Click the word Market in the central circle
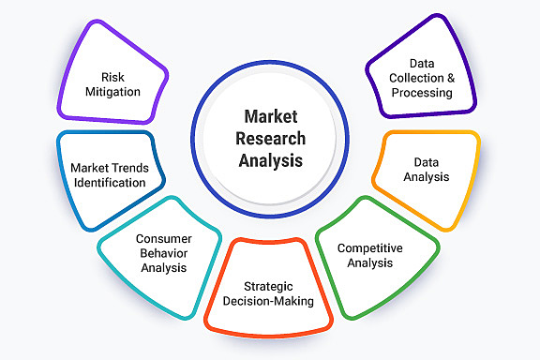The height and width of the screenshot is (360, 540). pos(270,117)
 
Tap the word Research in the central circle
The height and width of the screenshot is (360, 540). pos(270,139)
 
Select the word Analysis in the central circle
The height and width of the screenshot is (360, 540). pos(270,160)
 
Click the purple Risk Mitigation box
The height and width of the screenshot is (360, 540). pos(113,80)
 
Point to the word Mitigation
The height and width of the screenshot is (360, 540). pos(113,92)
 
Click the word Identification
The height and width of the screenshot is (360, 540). pos(109,183)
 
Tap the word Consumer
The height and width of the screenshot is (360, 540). pos(163,238)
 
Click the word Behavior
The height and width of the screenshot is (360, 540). pos(164,253)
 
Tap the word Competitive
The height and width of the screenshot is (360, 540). pos(371,247)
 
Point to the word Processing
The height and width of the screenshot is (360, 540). pos(422,93)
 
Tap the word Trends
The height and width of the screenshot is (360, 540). pos(127,168)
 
